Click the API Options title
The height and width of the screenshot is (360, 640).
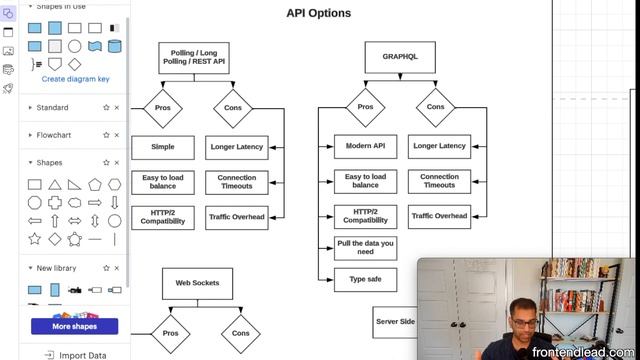coord(318,14)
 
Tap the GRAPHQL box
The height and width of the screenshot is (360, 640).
coord(400,57)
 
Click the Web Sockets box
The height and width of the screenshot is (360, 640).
coord(197,283)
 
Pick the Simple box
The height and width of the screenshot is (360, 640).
coord(162,147)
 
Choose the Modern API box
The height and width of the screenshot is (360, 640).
coord(365,147)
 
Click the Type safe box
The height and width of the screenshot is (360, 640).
coord(365,279)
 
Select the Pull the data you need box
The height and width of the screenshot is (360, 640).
coord(365,248)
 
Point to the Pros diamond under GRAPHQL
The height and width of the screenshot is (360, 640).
coord(365,107)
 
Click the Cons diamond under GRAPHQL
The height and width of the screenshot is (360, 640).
coord(435,107)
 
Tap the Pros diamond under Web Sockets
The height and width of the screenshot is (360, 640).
coord(170,333)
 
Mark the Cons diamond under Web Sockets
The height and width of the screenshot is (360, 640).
coord(240,333)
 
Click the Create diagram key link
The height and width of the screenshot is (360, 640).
coord(75,79)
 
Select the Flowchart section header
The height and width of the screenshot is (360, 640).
coord(54,135)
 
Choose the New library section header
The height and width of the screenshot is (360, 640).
coord(57,268)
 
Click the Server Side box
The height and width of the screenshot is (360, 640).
coord(394,322)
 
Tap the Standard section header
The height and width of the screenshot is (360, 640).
coord(52,107)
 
